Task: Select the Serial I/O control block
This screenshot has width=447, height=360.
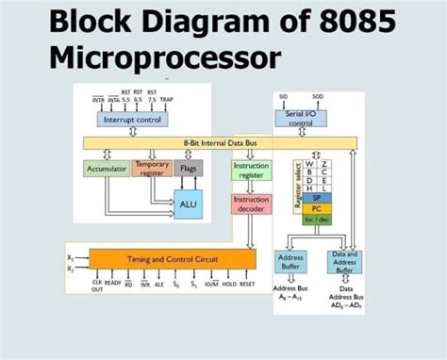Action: pyautogui.click(x=300, y=118)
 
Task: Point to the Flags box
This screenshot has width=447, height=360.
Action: pyautogui.click(x=189, y=170)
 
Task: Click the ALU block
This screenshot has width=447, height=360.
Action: pyautogui.click(x=187, y=204)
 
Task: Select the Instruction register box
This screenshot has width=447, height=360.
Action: pyautogui.click(x=251, y=170)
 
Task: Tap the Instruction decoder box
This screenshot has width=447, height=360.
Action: pyautogui.click(x=251, y=205)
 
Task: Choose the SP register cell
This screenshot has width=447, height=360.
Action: pyautogui.click(x=317, y=198)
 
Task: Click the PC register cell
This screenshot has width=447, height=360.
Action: pyautogui.click(x=317, y=208)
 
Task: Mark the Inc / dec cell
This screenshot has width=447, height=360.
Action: pyautogui.click(x=317, y=219)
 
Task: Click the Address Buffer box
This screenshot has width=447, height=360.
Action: pyautogui.click(x=290, y=262)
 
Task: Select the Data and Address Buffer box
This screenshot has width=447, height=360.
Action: pyautogui.click(x=344, y=262)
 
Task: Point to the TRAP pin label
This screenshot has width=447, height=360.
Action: pyautogui.click(x=166, y=99)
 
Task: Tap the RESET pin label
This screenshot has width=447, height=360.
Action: pyautogui.click(x=247, y=282)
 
